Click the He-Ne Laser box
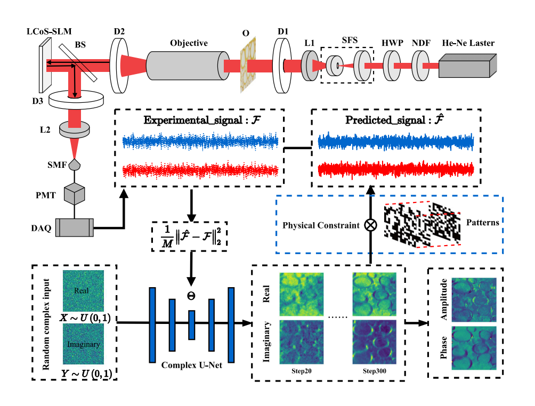467,67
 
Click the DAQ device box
75,228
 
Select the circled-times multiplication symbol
370,225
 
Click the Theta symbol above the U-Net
191,294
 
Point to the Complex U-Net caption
192,366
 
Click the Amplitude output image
473,299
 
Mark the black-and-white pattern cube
421,224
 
